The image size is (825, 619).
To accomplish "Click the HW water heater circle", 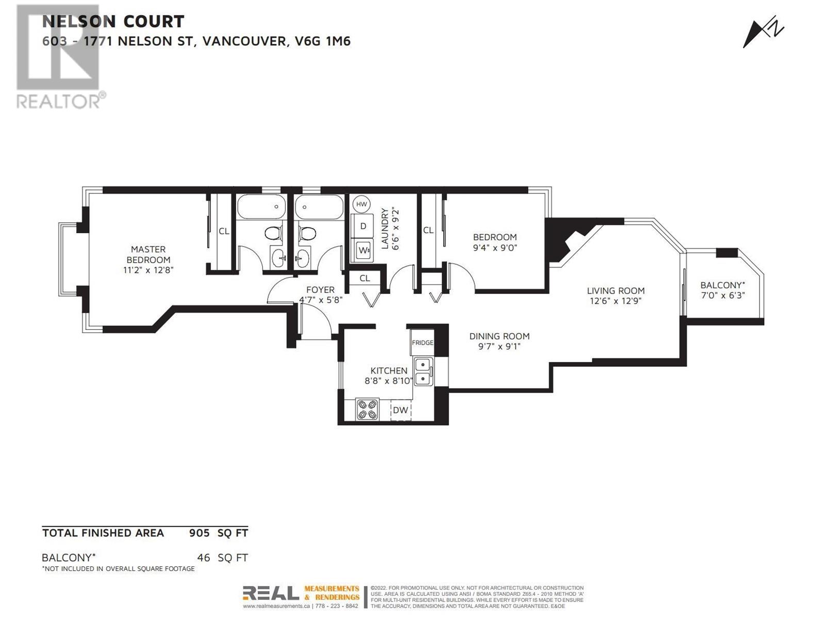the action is coord(361,204).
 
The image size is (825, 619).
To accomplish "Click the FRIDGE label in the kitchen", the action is coord(422,343).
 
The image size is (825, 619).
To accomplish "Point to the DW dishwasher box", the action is coord(401,410).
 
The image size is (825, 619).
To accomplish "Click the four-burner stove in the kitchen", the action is coord(367,410).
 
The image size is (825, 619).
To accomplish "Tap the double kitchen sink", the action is coord(423,371).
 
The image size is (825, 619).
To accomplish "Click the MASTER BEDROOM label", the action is coord(148,254).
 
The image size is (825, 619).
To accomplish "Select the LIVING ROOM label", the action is coord(616,290).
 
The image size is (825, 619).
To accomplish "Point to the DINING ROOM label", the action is coord(499,336).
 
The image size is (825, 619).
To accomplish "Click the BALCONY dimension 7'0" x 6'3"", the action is coord(723,296).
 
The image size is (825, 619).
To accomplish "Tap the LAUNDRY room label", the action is coord(385,229).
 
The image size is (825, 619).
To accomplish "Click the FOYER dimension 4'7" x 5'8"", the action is coord(321,300).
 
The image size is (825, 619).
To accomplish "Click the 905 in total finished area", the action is coord(199,533).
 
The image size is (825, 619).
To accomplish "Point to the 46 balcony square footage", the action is coord(203,558).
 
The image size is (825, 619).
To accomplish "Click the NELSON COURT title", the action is coord(113,22).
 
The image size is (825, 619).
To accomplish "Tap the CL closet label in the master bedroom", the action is coord(224,231).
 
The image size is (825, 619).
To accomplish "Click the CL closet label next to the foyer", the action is coord(365,278).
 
